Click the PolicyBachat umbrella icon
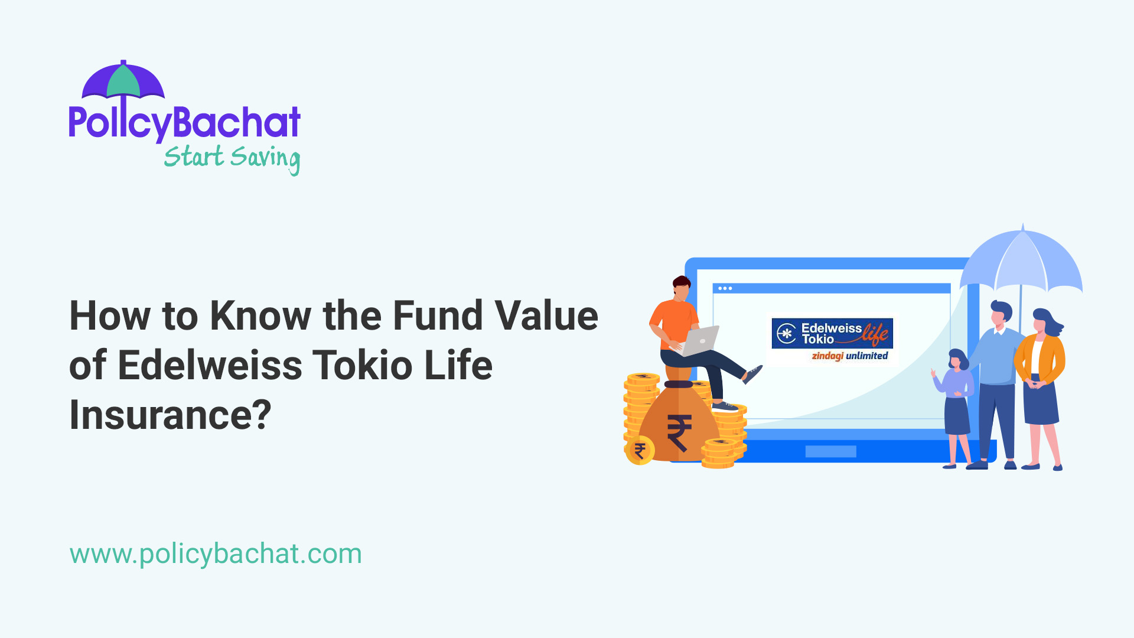pyautogui.click(x=123, y=81)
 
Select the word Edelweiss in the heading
pyautogui.click(x=210, y=365)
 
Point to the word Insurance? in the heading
pyautogui.click(x=170, y=415)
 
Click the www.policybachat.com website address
pyautogui.click(x=216, y=554)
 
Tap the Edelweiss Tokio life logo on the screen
pyautogui.click(x=832, y=334)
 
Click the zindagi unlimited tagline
pyautogui.click(x=849, y=356)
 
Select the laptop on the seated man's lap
pyautogui.click(x=699, y=341)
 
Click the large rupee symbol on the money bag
pyautogui.click(x=679, y=432)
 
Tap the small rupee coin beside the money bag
pyautogui.click(x=640, y=451)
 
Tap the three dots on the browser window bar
pyautogui.click(x=725, y=288)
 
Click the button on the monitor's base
pyautogui.click(x=830, y=452)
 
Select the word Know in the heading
pyautogui.click(x=260, y=315)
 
